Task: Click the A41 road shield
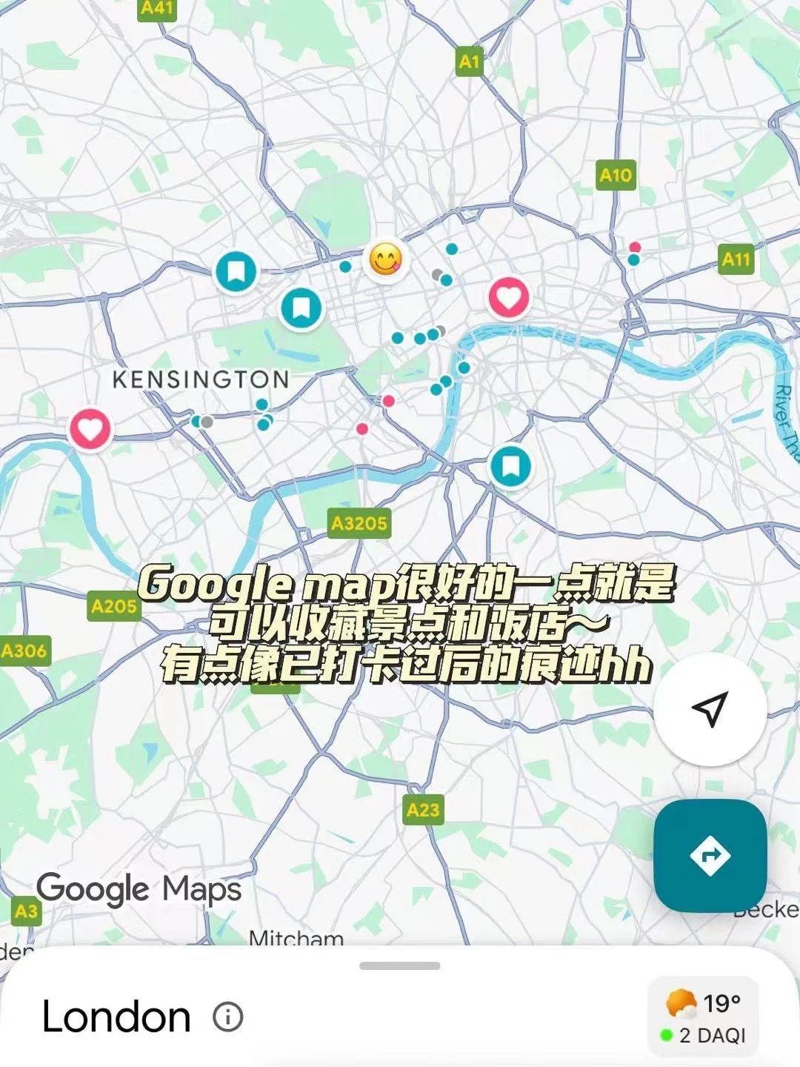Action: [157, 8]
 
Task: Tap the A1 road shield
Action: [469, 62]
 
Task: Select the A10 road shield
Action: [616, 175]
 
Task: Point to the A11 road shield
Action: [736, 259]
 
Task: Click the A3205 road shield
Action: [359, 523]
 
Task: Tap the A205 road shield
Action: [113, 606]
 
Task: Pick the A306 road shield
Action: [24, 651]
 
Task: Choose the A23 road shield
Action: [423, 810]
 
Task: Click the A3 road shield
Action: [26, 911]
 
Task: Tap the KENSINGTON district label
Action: [201, 380]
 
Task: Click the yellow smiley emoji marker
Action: [385, 260]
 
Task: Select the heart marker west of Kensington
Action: [90, 429]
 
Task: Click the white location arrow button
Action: [710, 709]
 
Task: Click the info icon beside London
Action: [227, 1017]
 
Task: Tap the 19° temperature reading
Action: [721, 1003]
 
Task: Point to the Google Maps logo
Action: [139, 889]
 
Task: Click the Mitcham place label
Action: [296, 938]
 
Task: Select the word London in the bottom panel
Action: [116, 1017]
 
